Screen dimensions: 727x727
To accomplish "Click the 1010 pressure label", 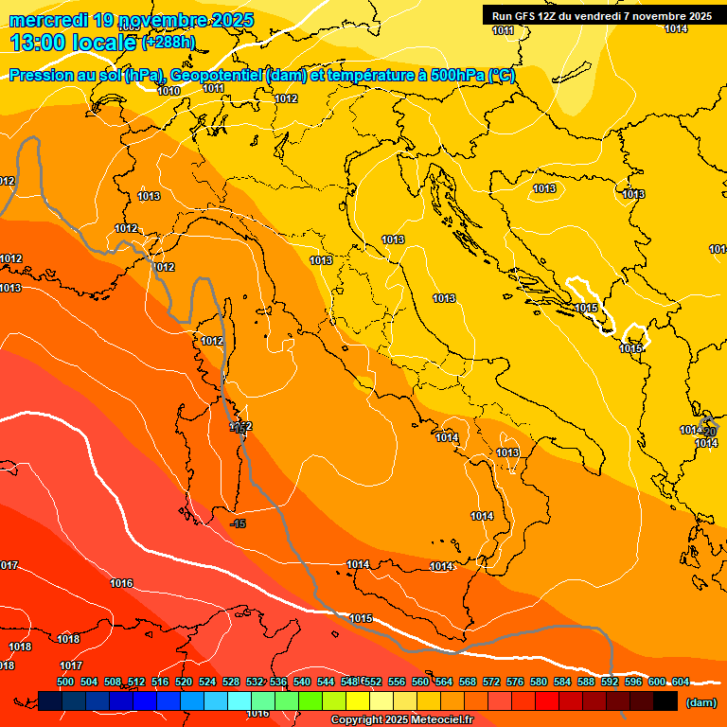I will [168, 91].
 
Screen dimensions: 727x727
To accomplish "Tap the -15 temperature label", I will [239, 523].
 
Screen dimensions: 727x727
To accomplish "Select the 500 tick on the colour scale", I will [65, 682].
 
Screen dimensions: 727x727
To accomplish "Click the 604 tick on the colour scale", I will [681, 682].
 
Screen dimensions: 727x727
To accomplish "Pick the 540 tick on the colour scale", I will [302, 682].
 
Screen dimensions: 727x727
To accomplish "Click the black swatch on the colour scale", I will [665, 700].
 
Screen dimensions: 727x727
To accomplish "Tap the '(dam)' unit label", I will [700, 702].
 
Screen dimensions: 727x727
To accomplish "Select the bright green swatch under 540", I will [310, 700].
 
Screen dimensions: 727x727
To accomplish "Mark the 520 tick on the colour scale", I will [184, 682].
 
